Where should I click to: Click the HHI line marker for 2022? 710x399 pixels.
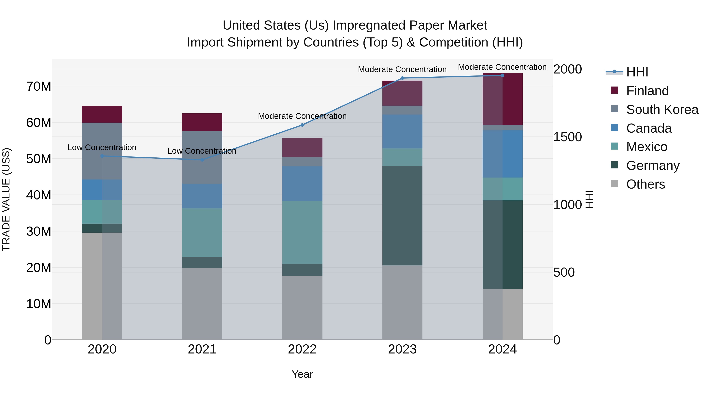[302, 125]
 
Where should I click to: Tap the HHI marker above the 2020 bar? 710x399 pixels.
[102, 156]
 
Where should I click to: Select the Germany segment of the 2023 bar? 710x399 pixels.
[402, 215]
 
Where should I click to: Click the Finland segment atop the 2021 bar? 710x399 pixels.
[202, 122]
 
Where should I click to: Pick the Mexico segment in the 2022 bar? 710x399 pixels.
[302, 233]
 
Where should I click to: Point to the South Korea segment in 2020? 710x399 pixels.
[102, 151]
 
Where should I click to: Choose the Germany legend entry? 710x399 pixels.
[652, 166]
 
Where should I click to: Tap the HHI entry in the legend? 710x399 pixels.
[637, 72]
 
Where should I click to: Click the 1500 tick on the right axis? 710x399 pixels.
[567, 137]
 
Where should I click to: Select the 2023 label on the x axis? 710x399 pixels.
[402, 349]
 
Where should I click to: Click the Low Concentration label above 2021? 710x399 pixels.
[202, 151]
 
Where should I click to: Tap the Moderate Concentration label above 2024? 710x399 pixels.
[502, 67]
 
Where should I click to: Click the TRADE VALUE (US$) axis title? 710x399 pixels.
[6, 199]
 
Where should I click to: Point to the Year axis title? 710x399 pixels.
[302, 374]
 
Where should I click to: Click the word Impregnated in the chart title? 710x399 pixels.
[369, 25]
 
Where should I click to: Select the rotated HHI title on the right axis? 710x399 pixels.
[589, 199]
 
